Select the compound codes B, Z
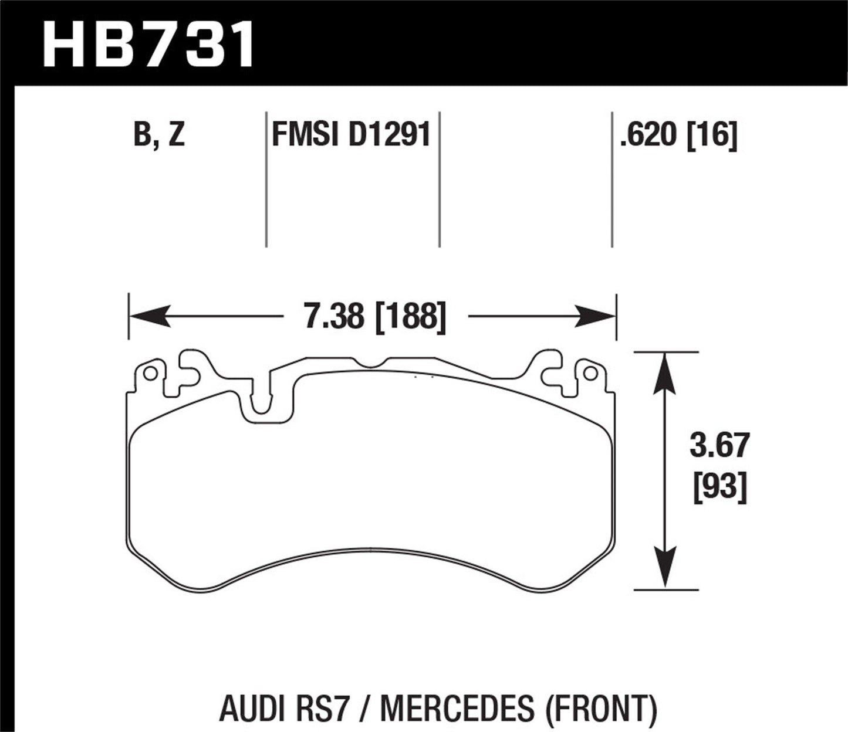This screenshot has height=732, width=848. coord(159,135)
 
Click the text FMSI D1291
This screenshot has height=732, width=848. coord(351,135)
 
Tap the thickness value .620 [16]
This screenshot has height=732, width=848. coord(678,135)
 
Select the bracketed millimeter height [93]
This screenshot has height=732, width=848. coord(720,487)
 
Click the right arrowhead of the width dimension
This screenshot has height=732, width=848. coord(595,317)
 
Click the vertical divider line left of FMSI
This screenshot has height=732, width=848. coord(266,179)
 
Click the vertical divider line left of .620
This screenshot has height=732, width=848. coord(612,179)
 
